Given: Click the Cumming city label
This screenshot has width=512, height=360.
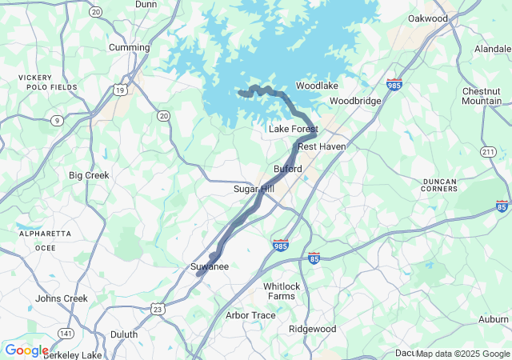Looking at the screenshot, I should pyautogui.click(x=129, y=47).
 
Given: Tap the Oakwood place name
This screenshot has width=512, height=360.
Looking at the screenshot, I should pyautogui.click(x=428, y=18).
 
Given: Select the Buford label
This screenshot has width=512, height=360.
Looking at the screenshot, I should pyautogui.click(x=288, y=170).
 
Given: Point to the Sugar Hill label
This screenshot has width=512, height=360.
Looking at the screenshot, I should pyautogui.click(x=254, y=189).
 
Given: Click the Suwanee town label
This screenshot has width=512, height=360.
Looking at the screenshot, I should pyautogui.click(x=210, y=266).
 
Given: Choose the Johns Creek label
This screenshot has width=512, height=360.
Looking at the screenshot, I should pyautogui.click(x=60, y=298).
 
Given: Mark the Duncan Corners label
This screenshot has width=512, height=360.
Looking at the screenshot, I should pyautogui.click(x=439, y=186).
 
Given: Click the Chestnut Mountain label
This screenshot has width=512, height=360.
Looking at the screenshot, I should pyautogui.click(x=482, y=96).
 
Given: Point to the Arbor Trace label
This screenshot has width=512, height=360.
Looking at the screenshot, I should pyautogui.click(x=250, y=315).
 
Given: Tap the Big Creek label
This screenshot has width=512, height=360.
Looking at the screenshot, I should pyautogui.click(x=89, y=175).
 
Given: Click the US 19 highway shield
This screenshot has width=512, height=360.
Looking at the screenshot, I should pyautogui.click(x=119, y=90).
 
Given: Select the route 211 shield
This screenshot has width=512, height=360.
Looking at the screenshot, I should pyautogui.click(x=489, y=152).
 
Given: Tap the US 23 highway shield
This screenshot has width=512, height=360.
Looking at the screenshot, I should pyautogui.click(x=158, y=309).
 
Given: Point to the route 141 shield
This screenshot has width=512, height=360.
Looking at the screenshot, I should pyautogui.click(x=65, y=333).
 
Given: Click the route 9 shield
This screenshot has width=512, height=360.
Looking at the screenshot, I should pyautogui.click(x=57, y=121).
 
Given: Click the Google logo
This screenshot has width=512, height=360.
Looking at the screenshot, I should pyautogui.click(x=26, y=350).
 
